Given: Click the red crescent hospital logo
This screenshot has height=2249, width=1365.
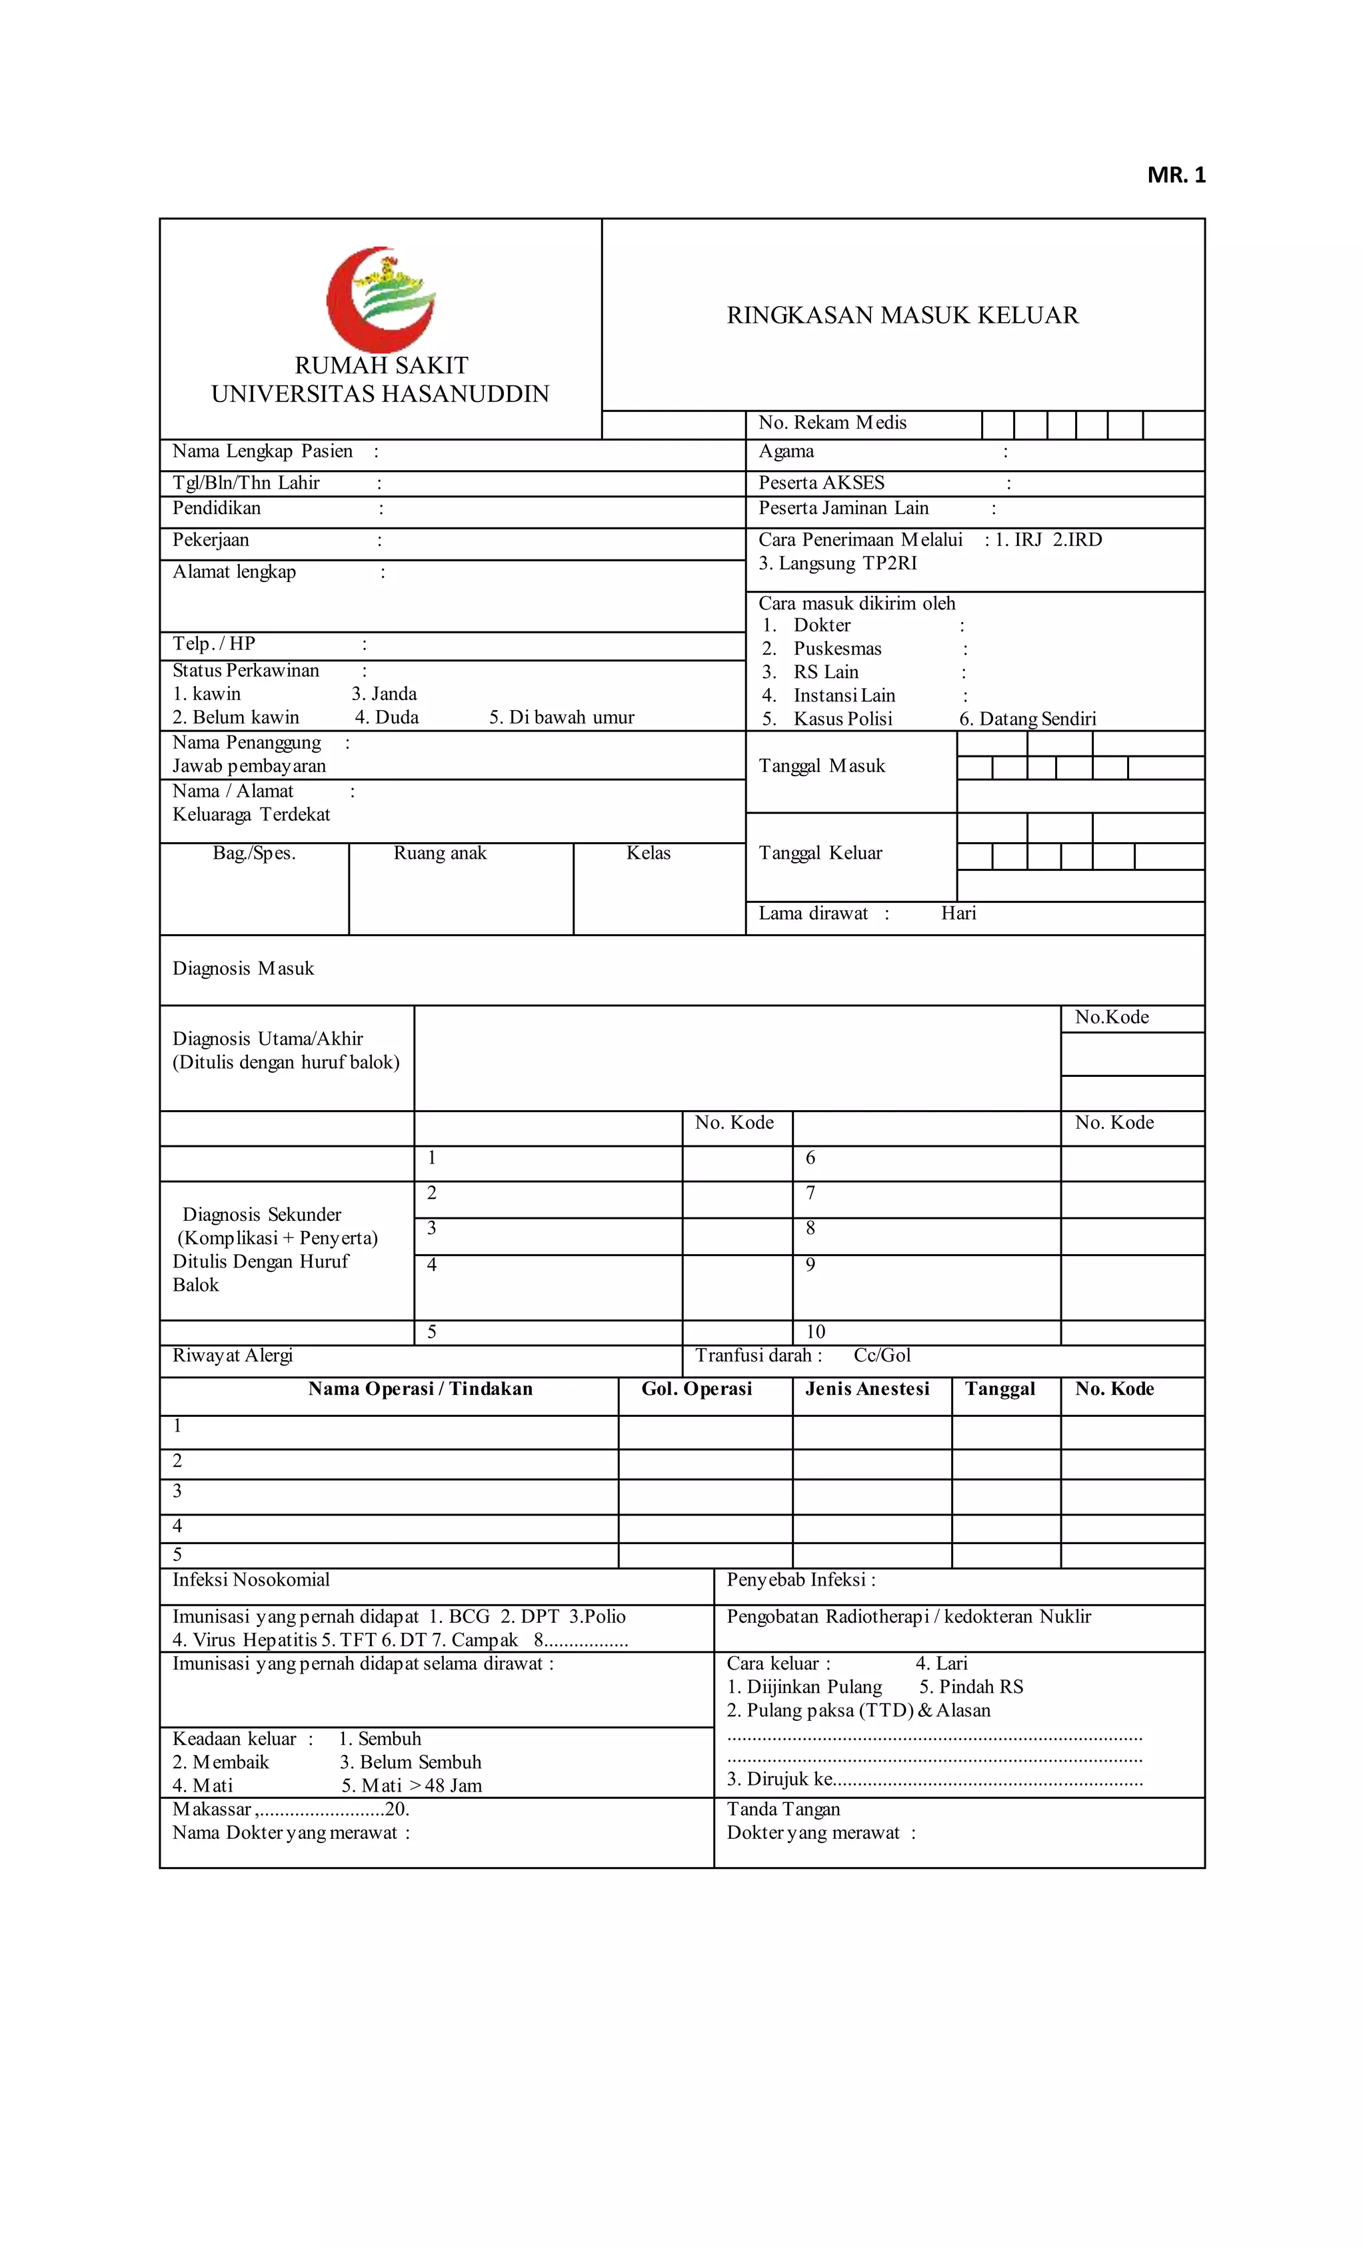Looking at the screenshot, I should [x=381, y=299].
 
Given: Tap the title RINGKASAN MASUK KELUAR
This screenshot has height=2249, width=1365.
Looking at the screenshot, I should [x=902, y=316].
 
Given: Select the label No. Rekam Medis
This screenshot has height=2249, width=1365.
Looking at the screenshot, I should [x=832, y=423].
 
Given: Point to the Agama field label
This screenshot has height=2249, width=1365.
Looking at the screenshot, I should [x=786, y=451].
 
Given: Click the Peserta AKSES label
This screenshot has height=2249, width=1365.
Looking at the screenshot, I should [x=821, y=483].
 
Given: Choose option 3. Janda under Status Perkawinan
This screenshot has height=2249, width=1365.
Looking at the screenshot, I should [x=383, y=693].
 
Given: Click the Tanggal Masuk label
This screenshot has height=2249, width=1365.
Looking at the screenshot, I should [x=821, y=766].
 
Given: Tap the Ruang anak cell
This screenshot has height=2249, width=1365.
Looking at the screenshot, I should [x=440, y=853].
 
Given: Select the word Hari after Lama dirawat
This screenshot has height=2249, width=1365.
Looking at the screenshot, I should [x=958, y=913].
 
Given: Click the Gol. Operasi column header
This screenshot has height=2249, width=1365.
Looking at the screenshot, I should [x=696, y=1389].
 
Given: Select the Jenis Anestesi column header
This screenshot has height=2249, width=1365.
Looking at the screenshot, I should [x=867, y=1389].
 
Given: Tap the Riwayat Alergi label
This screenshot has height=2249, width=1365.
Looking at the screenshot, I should [x=232, y=1356].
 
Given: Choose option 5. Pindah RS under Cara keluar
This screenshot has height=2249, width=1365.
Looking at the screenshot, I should [x=971, y=1687].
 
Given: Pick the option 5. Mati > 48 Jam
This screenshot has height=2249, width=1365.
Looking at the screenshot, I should [x=411, y=1786].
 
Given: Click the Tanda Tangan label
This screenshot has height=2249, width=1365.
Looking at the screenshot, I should [x=783, y=1809].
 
